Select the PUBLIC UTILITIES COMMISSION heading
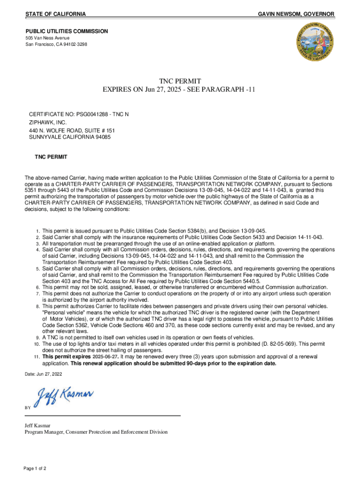pos(66,31)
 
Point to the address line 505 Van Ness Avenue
pos(48,38)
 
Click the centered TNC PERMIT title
pos(180,81)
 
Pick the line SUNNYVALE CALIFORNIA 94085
pos(70,138)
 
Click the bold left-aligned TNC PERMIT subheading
pos(51,157)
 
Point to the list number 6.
pos(37,287)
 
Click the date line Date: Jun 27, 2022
pos(43,374)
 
